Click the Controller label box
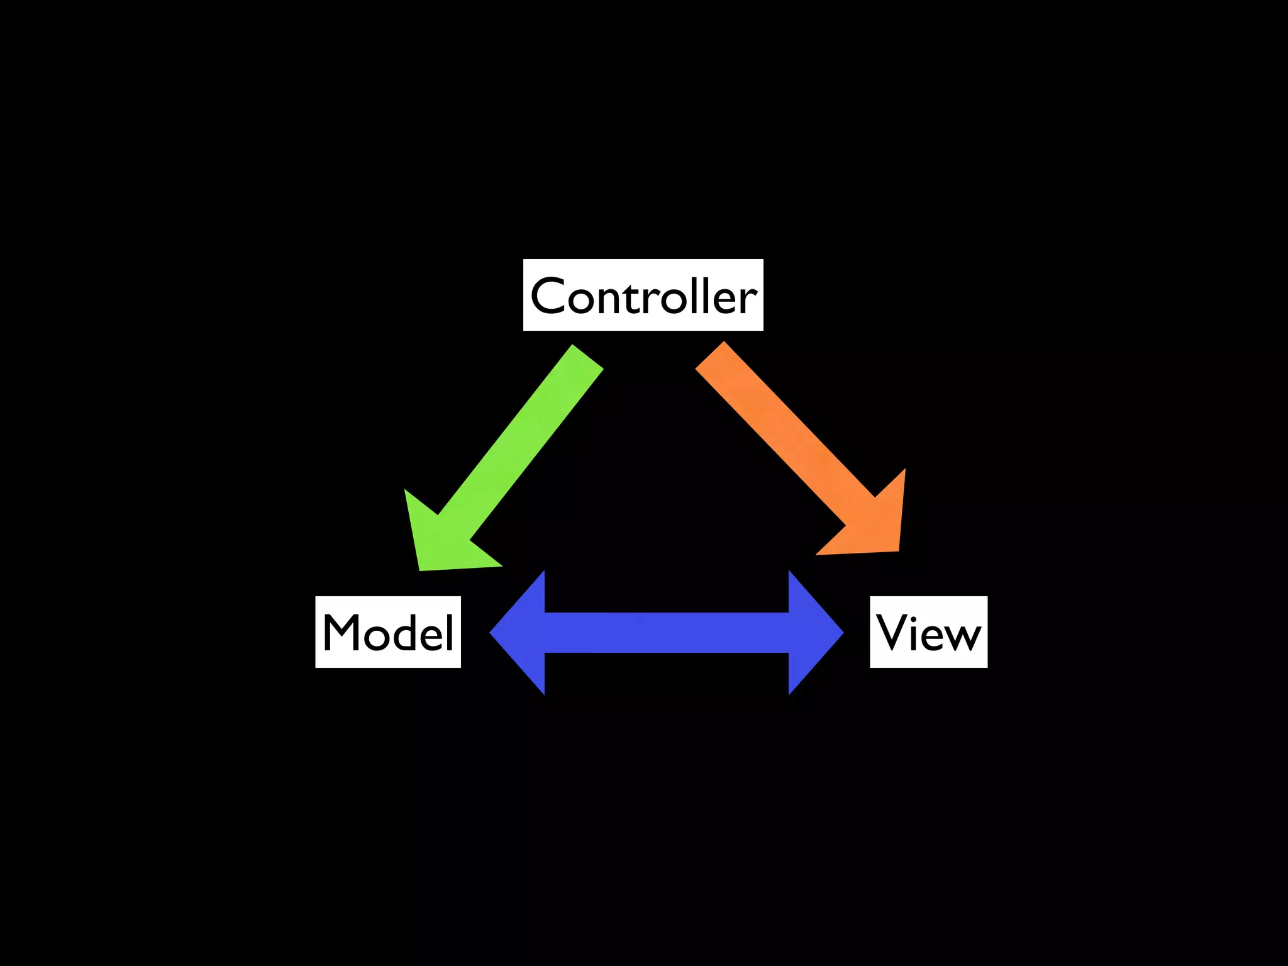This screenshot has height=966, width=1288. [x=643, y=294]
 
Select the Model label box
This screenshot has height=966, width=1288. [x=388, y=631]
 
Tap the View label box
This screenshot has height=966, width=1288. [x=928, y=631]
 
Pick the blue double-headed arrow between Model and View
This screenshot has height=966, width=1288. [x=667, y=633]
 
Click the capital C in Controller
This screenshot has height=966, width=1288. [x=550, y=295]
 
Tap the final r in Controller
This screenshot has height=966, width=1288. [x=749, y=300]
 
